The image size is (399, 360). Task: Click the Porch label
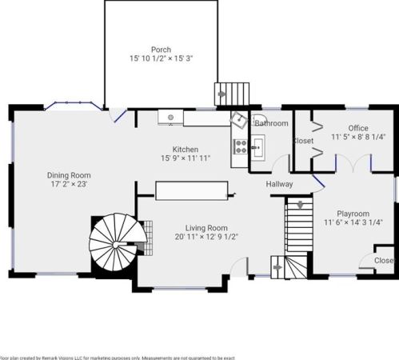[161, 49]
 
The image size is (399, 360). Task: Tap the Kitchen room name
[186, 149]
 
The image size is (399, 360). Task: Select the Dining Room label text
[68, 175]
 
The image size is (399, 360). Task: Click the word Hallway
[280, 185]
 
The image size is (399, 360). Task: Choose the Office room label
[357, 128]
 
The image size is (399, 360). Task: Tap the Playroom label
[353, 214]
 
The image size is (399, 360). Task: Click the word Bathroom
[272, 123]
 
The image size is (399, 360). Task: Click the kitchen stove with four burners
[240, 146]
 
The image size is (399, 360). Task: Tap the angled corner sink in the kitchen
[239, 120]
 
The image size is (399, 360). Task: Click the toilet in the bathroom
[259, 122]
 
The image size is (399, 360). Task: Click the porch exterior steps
[229, 93]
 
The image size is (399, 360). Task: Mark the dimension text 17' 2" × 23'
[68, 185]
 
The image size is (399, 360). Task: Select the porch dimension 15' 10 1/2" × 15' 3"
[161, 58]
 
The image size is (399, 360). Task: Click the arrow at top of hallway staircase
[299, 206]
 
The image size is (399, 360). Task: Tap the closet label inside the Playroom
[384, 260]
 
